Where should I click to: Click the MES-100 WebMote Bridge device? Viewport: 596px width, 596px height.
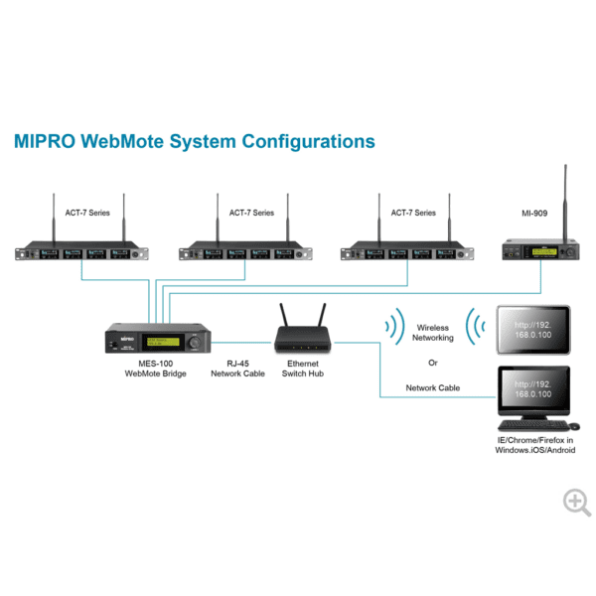point(158,341)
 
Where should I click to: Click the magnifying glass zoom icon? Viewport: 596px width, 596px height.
point(576,502)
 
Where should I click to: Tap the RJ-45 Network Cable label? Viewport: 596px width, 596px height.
point(237,369)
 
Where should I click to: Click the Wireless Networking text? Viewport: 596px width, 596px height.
point(433,333)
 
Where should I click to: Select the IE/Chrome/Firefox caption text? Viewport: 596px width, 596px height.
point(534,444)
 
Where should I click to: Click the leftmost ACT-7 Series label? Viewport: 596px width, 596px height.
point(89,213)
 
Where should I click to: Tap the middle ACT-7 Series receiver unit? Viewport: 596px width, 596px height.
point(251,253)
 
